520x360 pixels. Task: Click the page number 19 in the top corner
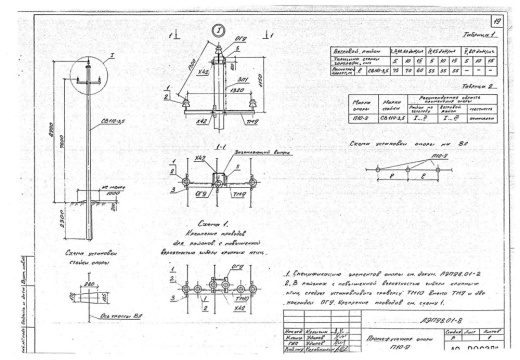coord(497,17)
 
